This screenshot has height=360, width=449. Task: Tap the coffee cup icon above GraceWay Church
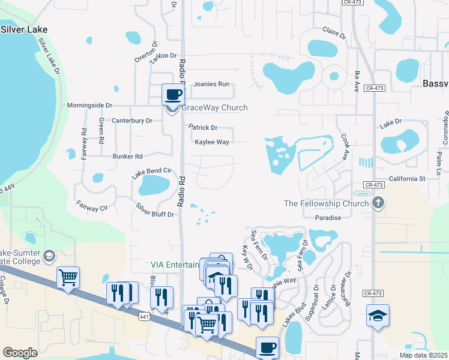pyautogui.click(x=173, y=94)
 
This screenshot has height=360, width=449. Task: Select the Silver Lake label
pyautogui.click(x=23, y=29)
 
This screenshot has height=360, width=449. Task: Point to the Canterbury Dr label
pyautogui.click(x=132, y=121)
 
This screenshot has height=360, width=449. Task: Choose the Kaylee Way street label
pyautogui.click(x=211, y=142)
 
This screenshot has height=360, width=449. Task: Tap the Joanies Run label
pyautogui.click(x=211, y=85)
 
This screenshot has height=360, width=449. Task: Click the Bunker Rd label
pyautogui.click(x=127, y=157)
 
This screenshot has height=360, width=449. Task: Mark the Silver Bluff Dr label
pyautogui.click(x=155, y=209)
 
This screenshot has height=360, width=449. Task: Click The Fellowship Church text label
pyautogui.click(x=325, y=203)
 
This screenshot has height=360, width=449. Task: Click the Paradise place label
pyautogui.click(x=328, y=218)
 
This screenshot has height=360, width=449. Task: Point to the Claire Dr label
pyautogui.click(x=334, y=32)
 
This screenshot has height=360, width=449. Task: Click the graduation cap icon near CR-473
pyautogui.click(x=378, y=316)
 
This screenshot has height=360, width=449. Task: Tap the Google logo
pyautogui.click(x=20, y=353)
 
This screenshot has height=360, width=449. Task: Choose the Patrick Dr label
pyautogui.click(x=203, y=128)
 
